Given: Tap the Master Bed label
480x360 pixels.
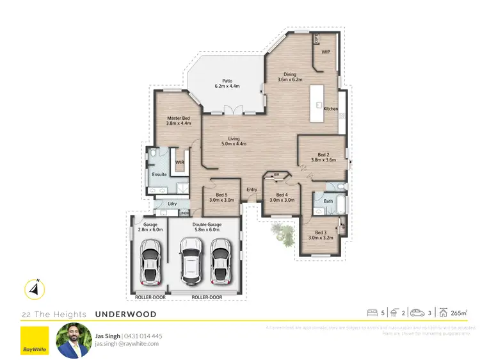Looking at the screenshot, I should tap(179, 119).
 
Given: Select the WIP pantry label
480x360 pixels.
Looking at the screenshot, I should tap(325, 52).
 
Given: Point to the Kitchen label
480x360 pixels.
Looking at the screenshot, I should tap(330, 109).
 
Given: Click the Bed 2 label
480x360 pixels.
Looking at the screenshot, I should tap(319, 155).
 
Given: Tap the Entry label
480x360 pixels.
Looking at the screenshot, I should tap(252, 189).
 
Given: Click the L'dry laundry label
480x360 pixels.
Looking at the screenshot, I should tap(172, 204).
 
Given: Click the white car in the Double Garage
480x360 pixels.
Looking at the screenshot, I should tap(191, 261).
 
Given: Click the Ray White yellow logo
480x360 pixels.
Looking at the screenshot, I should tap(34, 341).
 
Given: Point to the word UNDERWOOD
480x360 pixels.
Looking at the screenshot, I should tap(125, 315).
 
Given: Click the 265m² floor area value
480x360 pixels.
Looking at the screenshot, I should tap(458, 313).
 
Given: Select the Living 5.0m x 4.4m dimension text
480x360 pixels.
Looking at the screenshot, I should tap(234, 143).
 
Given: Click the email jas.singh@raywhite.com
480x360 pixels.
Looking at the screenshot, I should tap(127, 344).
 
